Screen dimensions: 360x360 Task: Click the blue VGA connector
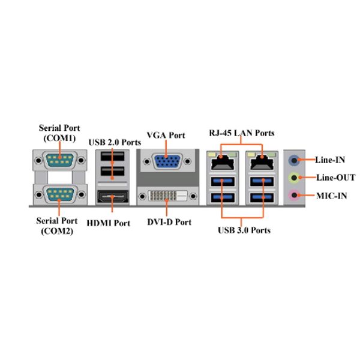(167, 161)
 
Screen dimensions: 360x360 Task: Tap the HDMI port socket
(113, 197)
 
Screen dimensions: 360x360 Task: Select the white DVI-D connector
(168, 196)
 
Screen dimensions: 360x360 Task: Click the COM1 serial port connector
(59, 160)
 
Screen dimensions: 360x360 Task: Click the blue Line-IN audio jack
(294, 160)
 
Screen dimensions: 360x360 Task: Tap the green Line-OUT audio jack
(294, 178)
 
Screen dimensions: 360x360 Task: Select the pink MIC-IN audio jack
(294, 196)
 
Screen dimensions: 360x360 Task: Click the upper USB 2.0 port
(113, 157)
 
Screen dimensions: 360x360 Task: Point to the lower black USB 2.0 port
(113, 171)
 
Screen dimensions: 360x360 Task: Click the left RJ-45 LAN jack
(223, 161)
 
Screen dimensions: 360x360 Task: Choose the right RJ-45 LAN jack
(262, 161)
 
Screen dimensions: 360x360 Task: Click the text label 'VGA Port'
(166, 135)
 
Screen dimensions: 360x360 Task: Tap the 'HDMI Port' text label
(109, 223)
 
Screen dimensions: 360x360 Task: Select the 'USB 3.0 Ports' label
(244, 230)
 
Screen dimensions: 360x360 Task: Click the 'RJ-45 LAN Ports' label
(242, 133)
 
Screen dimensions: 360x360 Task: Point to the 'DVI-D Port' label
(169, 222)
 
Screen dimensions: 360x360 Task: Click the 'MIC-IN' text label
(332, 196)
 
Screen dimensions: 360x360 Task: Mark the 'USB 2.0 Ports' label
(115, 142)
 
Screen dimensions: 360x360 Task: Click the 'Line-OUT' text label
(335, 178)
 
